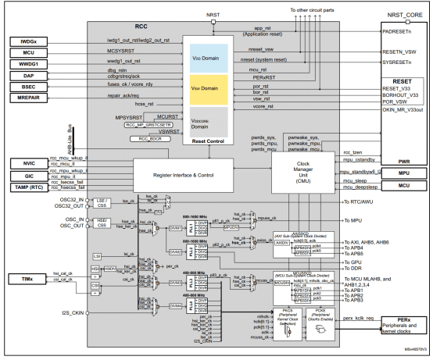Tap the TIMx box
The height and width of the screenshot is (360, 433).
(30, 278)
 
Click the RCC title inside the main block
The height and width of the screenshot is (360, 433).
(118, 26)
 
